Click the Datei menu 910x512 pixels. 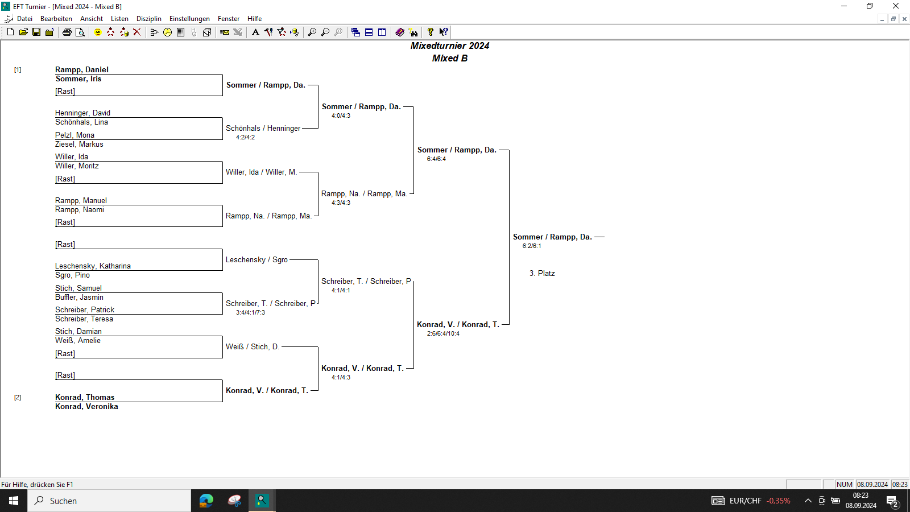coord(24,19)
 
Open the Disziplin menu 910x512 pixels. coord(148,19)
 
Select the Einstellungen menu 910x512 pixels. coord(189,19)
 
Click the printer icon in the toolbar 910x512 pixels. coord(67,32)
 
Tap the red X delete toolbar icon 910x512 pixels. coord(137,32)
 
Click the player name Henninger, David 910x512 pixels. coord(82,113)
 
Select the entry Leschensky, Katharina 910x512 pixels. coord(93,266)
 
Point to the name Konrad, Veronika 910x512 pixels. coord(86,406)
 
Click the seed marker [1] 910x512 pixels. coord(18,69)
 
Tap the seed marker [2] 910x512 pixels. coord(18,397)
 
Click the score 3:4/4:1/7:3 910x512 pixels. coord(250,312)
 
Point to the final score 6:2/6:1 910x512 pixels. coord(531,246)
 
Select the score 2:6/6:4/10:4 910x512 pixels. coord(443,333)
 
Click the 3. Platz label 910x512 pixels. coord(542,274)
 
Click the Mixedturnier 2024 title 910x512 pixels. coord(450,46)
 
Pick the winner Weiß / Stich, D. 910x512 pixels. coord(253,346)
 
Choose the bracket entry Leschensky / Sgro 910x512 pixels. coord(257,259)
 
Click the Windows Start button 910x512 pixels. coord(14,501)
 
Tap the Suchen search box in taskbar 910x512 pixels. coord(109,501)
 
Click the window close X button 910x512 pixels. coord(895,6)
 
